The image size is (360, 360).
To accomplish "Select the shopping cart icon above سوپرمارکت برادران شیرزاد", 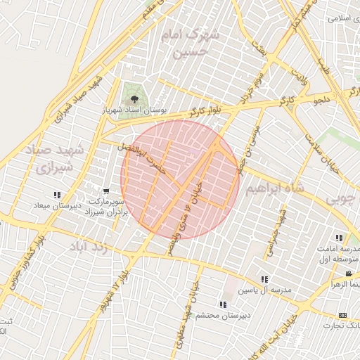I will (x=106, y=191).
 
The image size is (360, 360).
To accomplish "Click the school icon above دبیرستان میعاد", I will (x=57, y=195).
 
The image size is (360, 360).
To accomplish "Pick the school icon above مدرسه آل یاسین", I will (x=264, y=279).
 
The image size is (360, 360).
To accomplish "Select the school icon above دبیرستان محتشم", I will (x=222, y=304).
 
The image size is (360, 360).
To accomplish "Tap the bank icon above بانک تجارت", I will (x=342, y=314).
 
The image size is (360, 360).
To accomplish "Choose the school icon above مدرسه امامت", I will (x=340, y=238).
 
